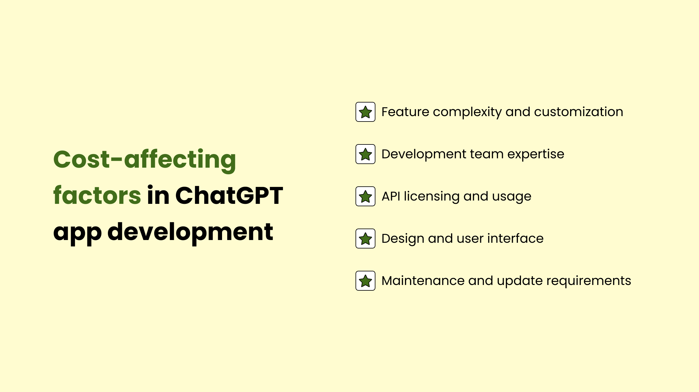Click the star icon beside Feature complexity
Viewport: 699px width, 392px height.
[x=365, y=112]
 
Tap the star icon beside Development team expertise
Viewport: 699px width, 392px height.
[x=365, y=154]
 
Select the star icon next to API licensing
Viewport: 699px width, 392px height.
[x=365, y=196]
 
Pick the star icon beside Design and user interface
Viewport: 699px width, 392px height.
[x=365, y=239]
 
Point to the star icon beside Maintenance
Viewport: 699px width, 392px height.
[x=365, y=281]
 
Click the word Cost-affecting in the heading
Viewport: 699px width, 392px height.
[x=145, y=160]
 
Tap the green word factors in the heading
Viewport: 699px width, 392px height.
[x=97, y=195]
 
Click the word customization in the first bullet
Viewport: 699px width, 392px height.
[x=578, y=112]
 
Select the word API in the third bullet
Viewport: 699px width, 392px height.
[x=391, y=196]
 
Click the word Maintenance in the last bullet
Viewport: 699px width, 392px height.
[x=423, y=281]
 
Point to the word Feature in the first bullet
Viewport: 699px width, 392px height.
[x=405, y=112]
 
